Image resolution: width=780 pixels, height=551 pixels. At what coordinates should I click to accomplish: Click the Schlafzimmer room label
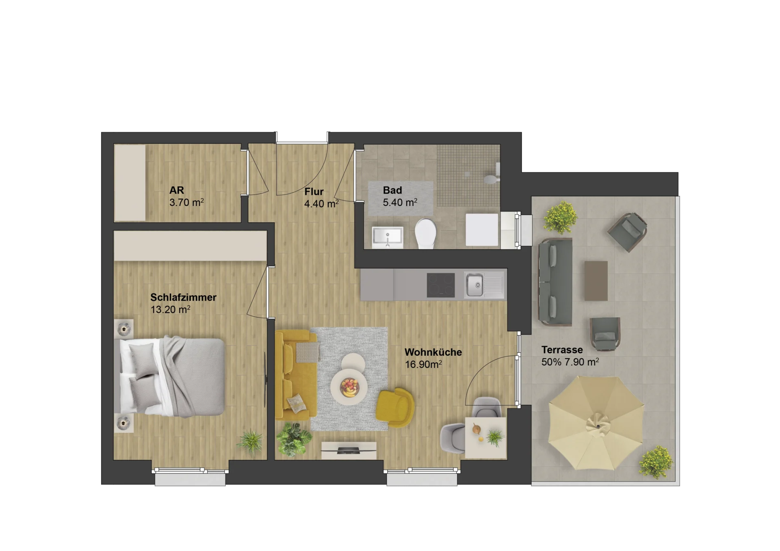(x=183, y=297)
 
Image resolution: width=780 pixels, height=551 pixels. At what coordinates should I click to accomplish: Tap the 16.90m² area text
(x=423, y=364)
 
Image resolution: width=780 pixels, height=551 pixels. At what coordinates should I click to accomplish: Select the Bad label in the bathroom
(x=392, y=190)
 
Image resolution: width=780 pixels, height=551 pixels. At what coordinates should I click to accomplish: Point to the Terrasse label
(x=562, y=350)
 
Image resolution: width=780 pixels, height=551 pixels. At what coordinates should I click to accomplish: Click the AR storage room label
(x=177, y=190)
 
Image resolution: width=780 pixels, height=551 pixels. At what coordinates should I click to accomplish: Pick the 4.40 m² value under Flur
(x=321, y=203)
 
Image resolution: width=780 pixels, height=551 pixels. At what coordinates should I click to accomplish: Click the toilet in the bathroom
(x=425, y=233)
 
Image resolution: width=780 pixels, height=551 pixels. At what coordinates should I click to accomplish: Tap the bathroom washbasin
(x=388, y=237)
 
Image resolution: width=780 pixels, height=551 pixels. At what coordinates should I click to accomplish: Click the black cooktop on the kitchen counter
(x=441, y=285)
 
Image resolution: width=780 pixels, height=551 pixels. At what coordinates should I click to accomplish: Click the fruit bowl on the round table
(x=349, y=387)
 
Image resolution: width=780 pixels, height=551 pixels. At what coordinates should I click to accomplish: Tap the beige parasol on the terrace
(x=596, y=423)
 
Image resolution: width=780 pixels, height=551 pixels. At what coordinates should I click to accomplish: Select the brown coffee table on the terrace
(x=596, y=281)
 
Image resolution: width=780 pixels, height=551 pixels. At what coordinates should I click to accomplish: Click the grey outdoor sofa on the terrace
(x=555, y=282)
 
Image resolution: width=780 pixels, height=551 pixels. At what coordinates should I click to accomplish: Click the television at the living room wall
(x=349, y=450)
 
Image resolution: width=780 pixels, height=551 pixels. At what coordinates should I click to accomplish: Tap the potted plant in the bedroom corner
(x=251, y=441)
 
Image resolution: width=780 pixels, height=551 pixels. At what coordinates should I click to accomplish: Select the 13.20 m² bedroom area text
(x=170, y=309)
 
